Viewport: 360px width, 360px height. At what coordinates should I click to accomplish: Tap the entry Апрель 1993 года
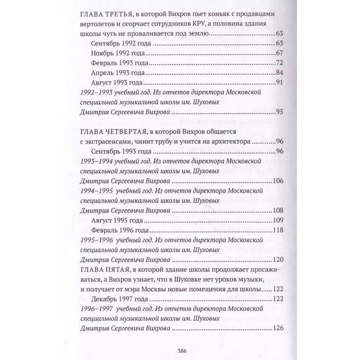pos(117,73)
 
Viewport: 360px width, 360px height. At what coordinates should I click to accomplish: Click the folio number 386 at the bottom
pos(182,351)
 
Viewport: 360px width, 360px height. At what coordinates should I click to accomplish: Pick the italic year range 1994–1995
pos(94,191)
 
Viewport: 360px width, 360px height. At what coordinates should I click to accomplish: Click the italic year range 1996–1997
pos(94,309)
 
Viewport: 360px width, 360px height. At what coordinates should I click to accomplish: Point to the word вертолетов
pos(94,24)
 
